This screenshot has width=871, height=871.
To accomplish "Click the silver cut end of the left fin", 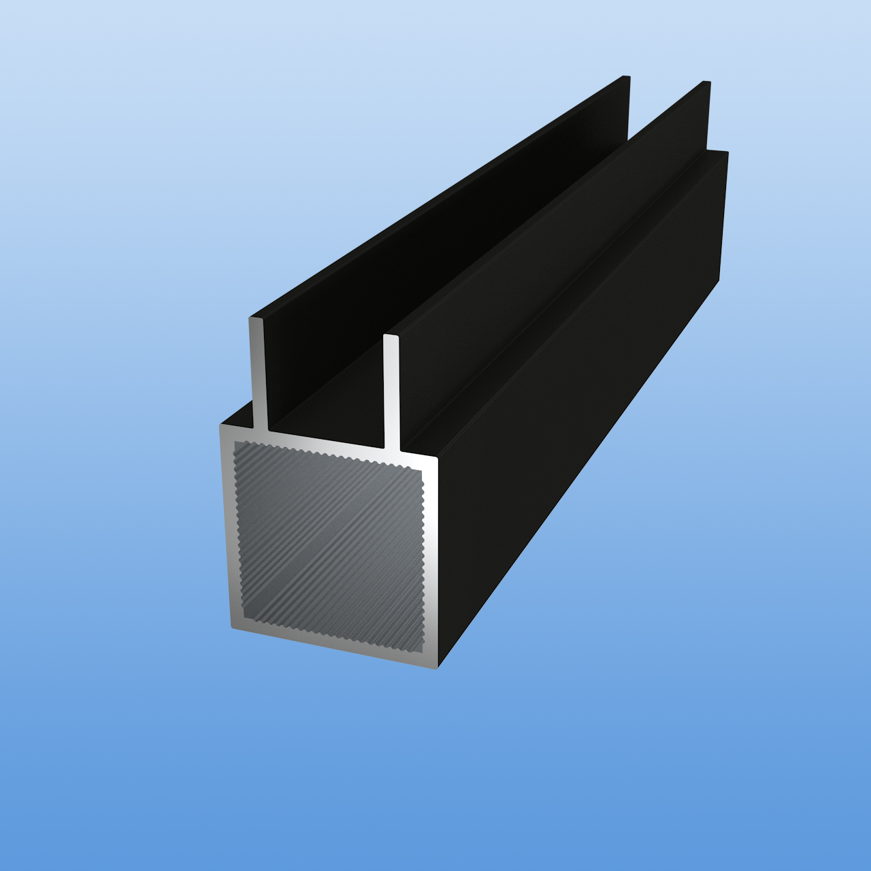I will [259, 374].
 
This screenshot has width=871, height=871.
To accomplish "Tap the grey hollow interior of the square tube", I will [328, 541].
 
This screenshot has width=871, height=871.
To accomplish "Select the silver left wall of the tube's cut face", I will [227, 531].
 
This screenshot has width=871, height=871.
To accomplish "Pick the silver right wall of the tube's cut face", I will [430, 565].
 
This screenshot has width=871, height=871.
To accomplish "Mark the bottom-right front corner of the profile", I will [437, 666].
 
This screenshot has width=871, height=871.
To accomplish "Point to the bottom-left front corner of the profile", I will [232, 627].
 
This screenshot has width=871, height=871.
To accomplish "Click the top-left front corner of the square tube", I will [221, 426].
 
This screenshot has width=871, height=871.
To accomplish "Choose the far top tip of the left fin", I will [626, 76].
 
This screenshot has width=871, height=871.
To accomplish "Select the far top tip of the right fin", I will [707, 82].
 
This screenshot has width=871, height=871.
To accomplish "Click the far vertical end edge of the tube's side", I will [723, 218].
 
